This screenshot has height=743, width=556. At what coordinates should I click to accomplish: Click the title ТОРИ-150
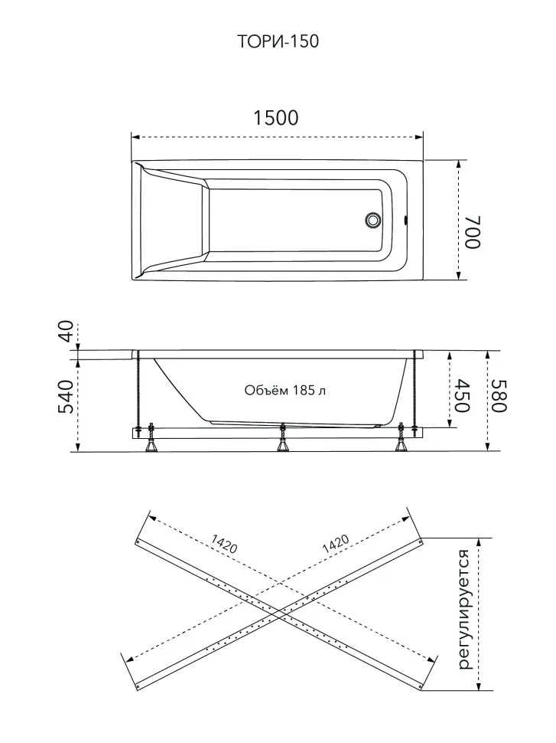(x=278, y=41)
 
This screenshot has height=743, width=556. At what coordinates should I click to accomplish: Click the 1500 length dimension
(x=276, y=118)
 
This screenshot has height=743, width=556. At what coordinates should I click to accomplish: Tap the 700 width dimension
(x=472, y=232)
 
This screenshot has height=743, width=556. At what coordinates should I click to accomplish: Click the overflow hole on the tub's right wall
(x=405, y=221)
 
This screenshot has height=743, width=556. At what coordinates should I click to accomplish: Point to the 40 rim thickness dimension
(x=67, y=331)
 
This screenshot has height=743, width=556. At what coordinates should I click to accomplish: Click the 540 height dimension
(x=67, y=397)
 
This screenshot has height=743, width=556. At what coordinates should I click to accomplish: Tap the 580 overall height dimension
(x=499, y=396)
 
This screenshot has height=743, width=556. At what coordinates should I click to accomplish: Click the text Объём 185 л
(x=285, y=390)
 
